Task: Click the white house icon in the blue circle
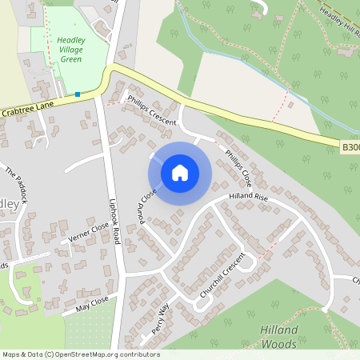click(x=179, y=173)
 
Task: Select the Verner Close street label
click(x=88, y=233)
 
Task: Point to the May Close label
click(x=91, y=304)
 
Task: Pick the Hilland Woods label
click(x=280, y=337)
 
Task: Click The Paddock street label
click(x=16, y=183)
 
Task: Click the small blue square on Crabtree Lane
click(x=78, y=94)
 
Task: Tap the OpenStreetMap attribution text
click(x=81, y=354)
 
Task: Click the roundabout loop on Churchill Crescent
click(x=247, y=262)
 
